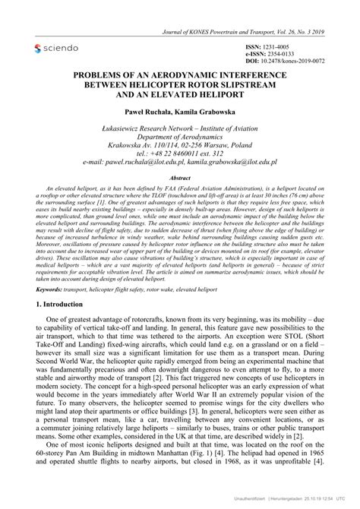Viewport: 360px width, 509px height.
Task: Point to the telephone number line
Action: [180, 153]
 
